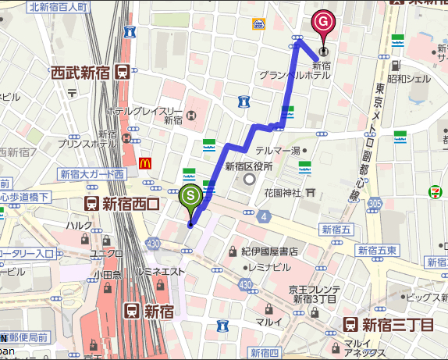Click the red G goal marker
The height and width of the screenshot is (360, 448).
(322, 22)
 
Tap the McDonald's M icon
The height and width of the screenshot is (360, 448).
(144, 163)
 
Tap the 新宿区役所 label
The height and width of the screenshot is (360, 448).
(248, 166)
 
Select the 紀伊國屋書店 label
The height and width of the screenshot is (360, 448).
(268, 251)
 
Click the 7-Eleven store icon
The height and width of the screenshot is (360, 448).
(434, 191)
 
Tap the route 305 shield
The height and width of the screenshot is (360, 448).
(375, 204)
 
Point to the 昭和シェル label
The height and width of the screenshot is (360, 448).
(409, 79)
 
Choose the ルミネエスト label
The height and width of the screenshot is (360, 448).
(160, 271)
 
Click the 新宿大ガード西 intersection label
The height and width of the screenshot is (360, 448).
(91, 174)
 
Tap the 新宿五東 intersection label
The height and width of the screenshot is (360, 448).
(378, 250)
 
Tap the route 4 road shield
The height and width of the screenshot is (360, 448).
(265, 216)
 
